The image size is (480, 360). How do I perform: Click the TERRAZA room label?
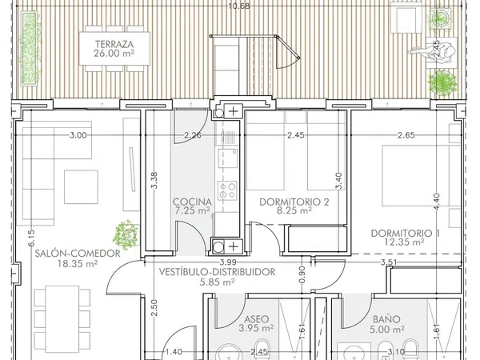(114, 44)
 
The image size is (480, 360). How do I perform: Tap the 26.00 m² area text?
(114, 54)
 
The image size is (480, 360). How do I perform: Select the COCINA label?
(192, 202)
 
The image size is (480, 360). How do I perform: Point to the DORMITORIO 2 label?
(294, 202)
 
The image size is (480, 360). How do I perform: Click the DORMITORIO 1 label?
(406, 234)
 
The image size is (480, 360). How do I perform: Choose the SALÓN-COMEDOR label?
(78, 254)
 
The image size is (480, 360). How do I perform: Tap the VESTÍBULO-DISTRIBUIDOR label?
(217, 272)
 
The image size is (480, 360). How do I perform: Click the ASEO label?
(256, 319)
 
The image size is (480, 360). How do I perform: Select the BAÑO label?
(386, 319)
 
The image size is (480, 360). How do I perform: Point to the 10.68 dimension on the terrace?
(239, 6)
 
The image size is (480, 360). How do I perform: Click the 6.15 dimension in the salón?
(31, 238)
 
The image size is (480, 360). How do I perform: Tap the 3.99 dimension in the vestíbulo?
(228, 262)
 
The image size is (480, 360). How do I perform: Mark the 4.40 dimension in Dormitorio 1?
(437, 202)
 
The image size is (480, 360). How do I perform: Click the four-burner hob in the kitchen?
(227, 190)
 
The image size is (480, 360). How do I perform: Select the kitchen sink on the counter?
(228, 158)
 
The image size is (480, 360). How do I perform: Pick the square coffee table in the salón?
(81, 187)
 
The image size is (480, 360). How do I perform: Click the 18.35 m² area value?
(78, 263)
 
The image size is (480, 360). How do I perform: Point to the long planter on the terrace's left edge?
(30, 48)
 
